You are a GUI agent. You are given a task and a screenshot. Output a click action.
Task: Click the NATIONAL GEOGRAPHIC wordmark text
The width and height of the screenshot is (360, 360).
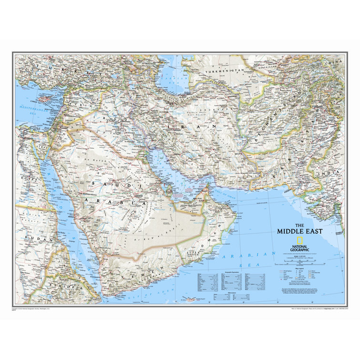(x=299, y=248)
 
